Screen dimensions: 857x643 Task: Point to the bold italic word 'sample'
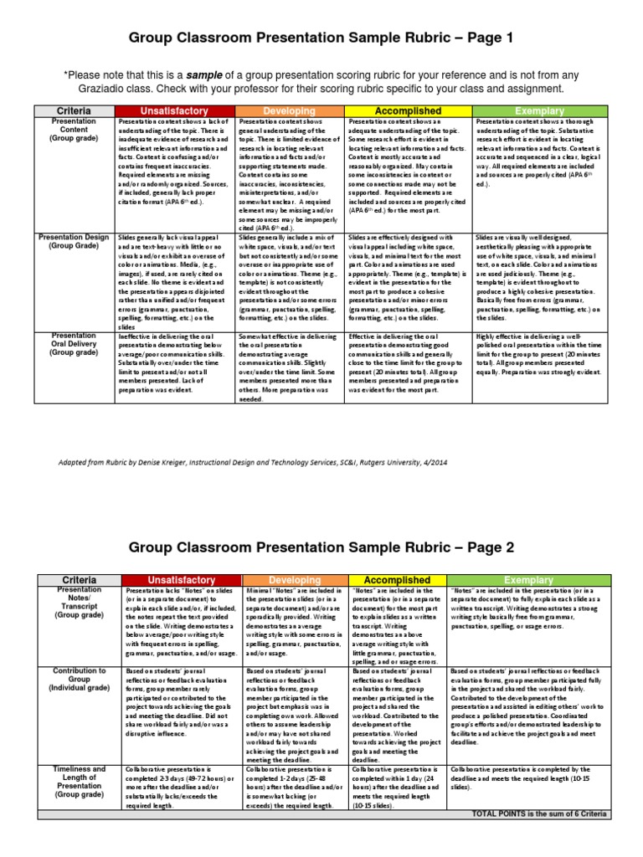click(x=208, y=74)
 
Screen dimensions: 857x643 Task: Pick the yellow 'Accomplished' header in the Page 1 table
click(x=409, y=111)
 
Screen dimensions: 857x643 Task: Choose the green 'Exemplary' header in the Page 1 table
click(x=540, y=111)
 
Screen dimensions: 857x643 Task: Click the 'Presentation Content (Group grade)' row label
click(x=74, y=131)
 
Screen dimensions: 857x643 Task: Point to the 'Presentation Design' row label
click(x=74, y=242)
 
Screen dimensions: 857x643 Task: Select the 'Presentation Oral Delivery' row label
click(x=74, y=344)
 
